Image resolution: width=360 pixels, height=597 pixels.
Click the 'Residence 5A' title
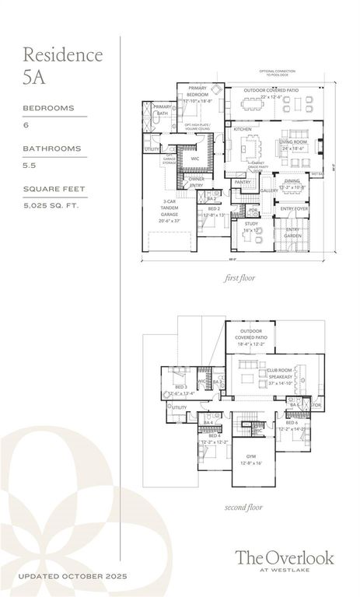pos(62,65)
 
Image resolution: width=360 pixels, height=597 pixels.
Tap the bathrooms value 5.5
pos(30,165)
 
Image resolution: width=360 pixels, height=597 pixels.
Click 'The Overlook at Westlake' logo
pos(285,560)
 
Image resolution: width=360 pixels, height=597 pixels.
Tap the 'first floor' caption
pos(240,277)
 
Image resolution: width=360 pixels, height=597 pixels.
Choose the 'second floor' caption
pos(244,507)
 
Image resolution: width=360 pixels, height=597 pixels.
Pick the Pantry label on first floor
pos(243,182)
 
